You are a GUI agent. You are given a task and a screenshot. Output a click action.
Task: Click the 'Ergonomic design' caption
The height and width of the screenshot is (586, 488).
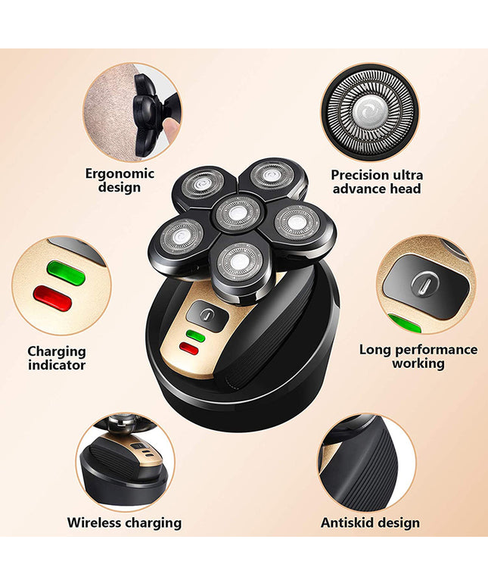click(x=119, y=179)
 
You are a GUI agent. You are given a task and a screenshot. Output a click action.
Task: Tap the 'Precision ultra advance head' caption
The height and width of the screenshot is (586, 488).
click(x=376, y=181)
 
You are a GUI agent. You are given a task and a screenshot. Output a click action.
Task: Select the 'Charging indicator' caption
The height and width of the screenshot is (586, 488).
click(x=57, y=357)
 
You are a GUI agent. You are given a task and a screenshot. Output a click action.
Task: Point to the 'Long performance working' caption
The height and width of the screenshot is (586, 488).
click(x=418, y=356)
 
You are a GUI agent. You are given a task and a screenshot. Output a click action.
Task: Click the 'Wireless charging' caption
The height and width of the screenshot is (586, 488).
click(x=124, y=522)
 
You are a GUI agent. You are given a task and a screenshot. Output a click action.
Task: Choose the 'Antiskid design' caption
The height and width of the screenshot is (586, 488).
click(x=370, y=522)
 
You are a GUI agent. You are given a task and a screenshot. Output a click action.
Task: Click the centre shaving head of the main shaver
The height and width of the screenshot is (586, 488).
click(x=238, y=213)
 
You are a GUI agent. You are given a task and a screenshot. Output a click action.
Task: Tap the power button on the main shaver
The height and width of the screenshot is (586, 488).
click(x=203, y=313)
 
